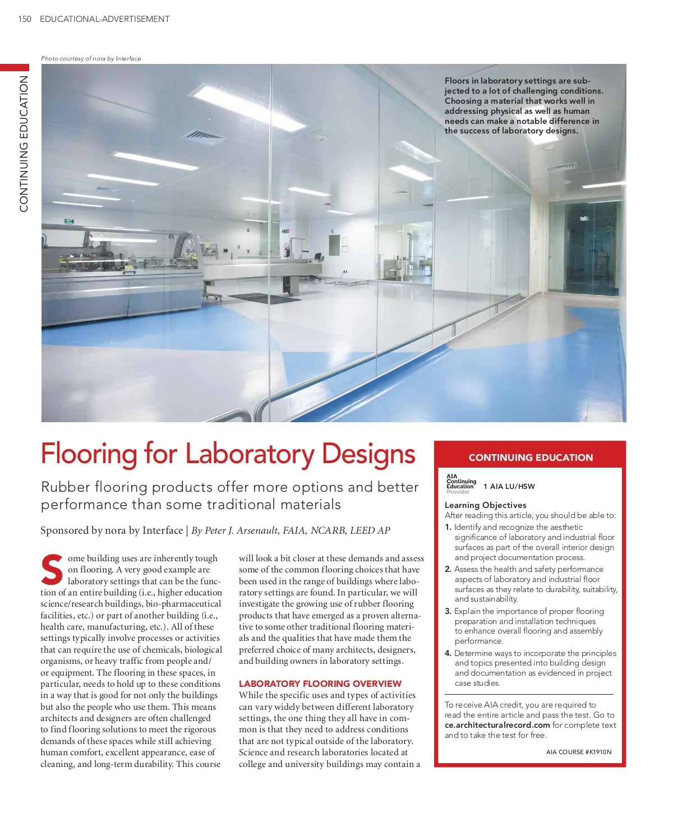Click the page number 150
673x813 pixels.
click(x=25, y=19)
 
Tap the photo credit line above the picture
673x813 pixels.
click(x=91, y=58)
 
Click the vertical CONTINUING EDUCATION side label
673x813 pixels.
click(x=24, y=144)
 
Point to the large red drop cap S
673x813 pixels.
click(x=52, y=570)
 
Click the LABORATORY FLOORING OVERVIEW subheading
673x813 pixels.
click(x=320, y=683)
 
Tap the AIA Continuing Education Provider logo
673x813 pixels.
click(x=460, y=484)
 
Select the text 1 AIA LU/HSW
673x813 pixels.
click(x=509, y=487)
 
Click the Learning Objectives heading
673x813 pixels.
click(x=485, y=505)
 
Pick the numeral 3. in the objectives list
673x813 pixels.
click(x=448, y=611)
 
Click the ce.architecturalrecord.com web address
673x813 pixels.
click(x=497, y=725)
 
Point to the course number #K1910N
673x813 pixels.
click(x=599, y=752)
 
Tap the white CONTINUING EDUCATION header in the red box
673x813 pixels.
click(x=531, y=458)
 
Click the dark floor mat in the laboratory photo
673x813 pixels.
click(x=257, y=298)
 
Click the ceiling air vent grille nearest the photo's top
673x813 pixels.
click(x=203, y=136)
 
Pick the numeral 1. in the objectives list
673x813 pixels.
click(x=448, y=527)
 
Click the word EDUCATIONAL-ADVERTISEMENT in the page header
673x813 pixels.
click(x=104, y=19)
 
